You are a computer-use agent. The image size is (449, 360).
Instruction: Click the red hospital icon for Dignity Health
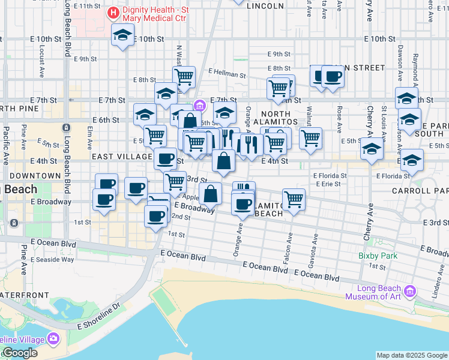112,13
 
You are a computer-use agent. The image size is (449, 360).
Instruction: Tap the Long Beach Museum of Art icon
411,292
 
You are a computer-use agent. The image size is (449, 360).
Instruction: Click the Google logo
19,353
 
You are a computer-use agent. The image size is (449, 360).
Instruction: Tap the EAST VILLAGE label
122,157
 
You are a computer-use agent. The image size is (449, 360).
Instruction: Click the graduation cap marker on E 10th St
122,36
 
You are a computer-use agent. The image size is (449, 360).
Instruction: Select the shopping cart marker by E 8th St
184,76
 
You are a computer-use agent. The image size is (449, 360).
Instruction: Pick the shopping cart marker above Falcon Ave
294,199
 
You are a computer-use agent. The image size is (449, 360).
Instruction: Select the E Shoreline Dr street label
99,315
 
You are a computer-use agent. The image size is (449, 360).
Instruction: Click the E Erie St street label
328,184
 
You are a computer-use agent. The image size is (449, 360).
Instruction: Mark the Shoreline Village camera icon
54,340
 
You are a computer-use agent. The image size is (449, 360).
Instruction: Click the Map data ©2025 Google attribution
412,355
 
